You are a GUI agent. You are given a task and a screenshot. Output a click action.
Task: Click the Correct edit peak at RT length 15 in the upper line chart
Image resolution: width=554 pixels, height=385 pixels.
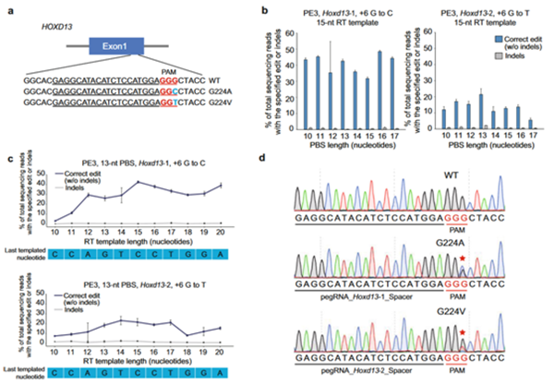tap(138, 182)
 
